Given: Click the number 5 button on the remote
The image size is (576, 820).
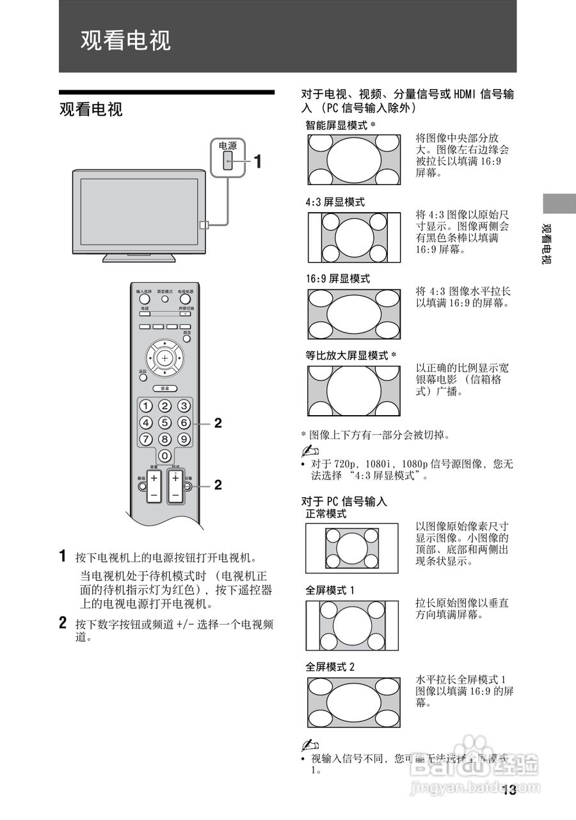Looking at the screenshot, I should point(164,423).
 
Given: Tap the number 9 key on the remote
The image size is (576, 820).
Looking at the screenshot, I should point(184,439).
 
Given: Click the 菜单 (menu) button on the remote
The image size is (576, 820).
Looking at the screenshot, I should point(164,388).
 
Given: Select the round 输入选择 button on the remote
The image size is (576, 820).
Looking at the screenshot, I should point(144,299).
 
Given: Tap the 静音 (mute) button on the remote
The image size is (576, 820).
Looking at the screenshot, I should point(141,486).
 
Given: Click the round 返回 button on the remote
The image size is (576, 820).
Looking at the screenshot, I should point(143,379).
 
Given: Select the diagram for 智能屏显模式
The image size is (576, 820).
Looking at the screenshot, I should point(354,160).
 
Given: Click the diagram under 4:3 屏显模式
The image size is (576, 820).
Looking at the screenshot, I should point(354,237).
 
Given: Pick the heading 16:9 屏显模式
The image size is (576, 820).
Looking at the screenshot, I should point(337,279).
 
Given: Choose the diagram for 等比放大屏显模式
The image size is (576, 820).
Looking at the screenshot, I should point(354,391).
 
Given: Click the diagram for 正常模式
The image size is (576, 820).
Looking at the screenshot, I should point(354,548).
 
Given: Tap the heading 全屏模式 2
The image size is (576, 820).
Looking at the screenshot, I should point(330,666).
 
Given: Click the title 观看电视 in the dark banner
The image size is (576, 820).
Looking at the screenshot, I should point(125,40).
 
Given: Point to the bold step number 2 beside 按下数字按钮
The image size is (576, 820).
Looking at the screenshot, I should point(63,622).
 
